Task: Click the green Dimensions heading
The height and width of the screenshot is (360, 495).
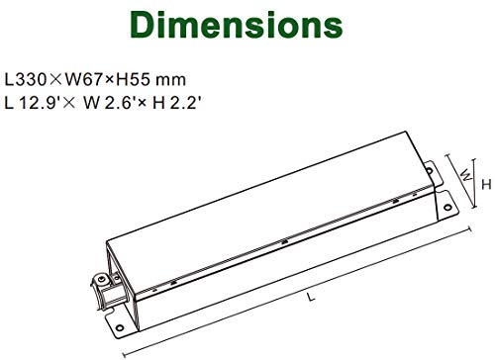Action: click(237, 25)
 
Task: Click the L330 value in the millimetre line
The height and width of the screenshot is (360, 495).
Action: click(25, 80)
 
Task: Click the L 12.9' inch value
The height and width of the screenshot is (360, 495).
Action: click(32, 103)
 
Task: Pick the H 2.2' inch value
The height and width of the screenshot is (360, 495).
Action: click(176, 103)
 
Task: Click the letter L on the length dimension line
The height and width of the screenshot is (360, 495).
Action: click(311, 297)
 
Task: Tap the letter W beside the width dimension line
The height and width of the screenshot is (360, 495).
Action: click(466, 174)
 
